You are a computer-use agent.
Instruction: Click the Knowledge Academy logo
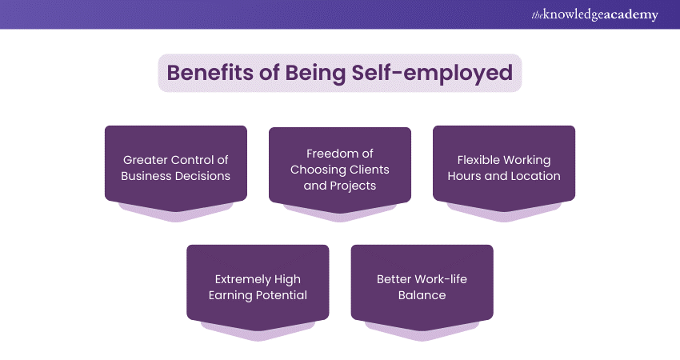pyautogui.click(x=594, y=14)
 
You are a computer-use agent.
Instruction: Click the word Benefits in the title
pyautogui.click(x=210, y=73)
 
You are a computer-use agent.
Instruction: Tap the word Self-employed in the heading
pyautogui.click(x=432, y=73)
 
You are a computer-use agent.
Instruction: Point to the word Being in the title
pyautogui.click(x=315, y=74)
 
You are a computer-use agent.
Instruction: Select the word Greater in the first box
pyautogui.click(x=143, y=160)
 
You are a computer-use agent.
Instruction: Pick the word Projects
pyautogui.click(x=353, y=186)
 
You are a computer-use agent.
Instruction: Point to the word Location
pyautogui.click(x=535, y=176)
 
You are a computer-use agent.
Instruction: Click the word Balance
pyautogui.click(x=422, y=295)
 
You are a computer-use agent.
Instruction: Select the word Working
pyautogui.click(x=525, y=161)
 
